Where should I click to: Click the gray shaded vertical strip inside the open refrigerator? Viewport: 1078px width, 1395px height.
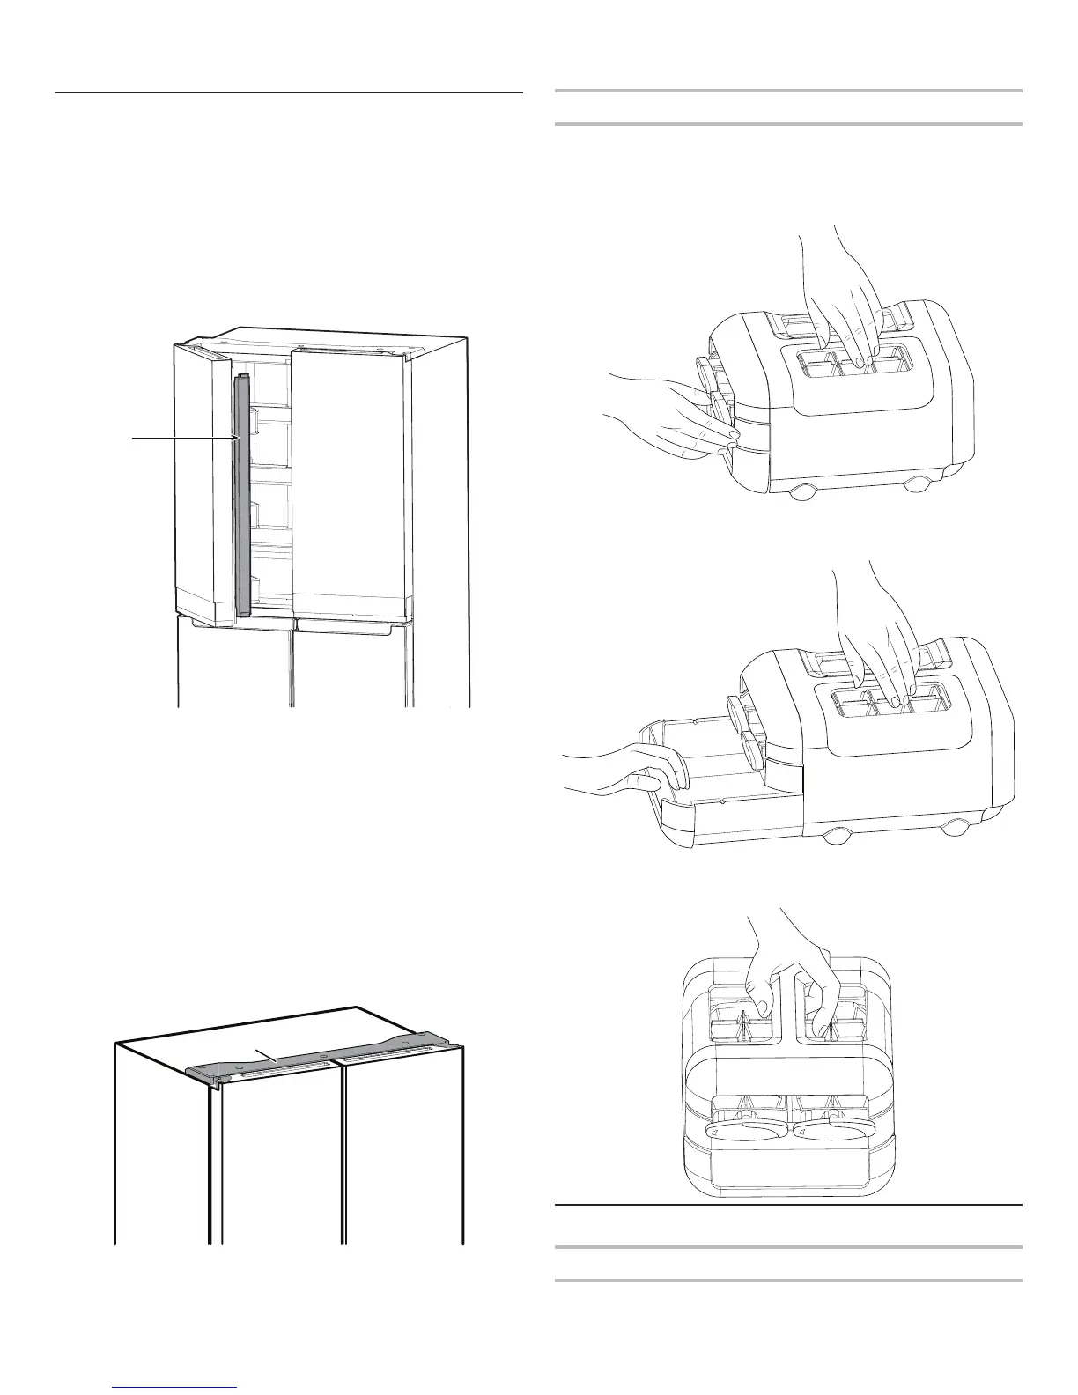[x=243, y=493]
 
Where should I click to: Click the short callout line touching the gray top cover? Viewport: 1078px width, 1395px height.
[x=265, y=1054]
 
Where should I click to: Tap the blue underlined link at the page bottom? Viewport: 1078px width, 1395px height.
[x=176, y=1388]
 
